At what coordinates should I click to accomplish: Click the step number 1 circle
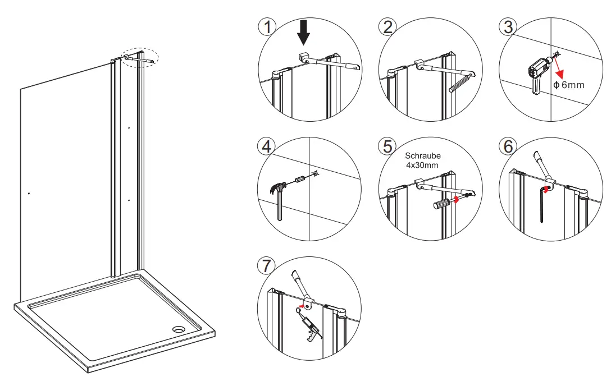(268, 27)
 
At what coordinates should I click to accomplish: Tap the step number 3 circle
(508, 27)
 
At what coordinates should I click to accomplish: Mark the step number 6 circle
(508, 146)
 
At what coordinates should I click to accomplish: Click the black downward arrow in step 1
(304, 33)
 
